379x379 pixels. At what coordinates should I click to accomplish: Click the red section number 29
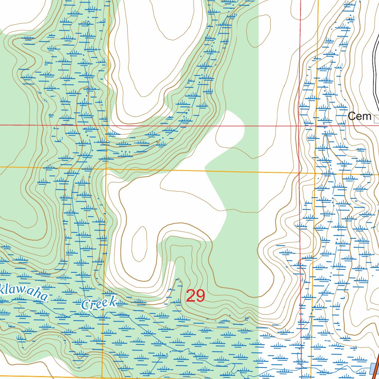coord(195,296)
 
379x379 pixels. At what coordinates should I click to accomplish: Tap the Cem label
coord(359,116)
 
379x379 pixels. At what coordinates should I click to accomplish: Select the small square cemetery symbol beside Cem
coord(377,118)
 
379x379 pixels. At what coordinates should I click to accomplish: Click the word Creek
coord(98,303)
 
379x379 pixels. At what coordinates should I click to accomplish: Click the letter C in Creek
coord(85,306)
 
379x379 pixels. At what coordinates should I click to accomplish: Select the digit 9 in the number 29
coord(200,296)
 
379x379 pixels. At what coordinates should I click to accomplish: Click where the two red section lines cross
coord(299,126)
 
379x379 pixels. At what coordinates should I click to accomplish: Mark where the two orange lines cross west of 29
coord(106,169)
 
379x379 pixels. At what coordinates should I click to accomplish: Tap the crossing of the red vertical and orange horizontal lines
coord(300,172)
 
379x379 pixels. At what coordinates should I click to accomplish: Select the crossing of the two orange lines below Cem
coord(315,173)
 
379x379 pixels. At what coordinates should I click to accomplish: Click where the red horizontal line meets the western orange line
coord(108,125)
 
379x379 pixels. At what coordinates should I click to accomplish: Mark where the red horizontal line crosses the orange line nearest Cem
coord(316,126)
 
